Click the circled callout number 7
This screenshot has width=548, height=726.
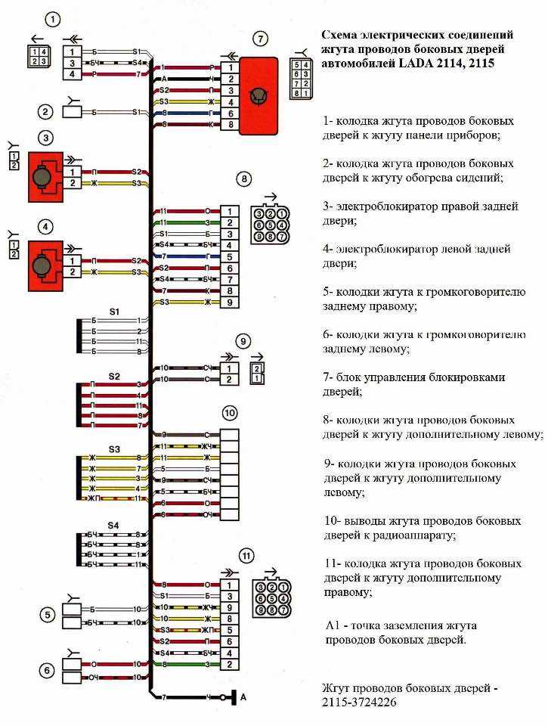[260, 38]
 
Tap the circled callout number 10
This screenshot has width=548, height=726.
[229, 412]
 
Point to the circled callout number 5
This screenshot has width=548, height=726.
[48, 615]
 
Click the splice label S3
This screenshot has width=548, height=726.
[114, 448]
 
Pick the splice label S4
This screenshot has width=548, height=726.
[113, 525]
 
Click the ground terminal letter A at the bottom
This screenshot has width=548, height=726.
[243, 696]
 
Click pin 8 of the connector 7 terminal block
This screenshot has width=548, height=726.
[226, 124]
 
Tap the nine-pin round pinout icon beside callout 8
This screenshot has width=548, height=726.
[270, 219]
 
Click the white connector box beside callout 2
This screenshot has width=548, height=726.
[73, 112]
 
